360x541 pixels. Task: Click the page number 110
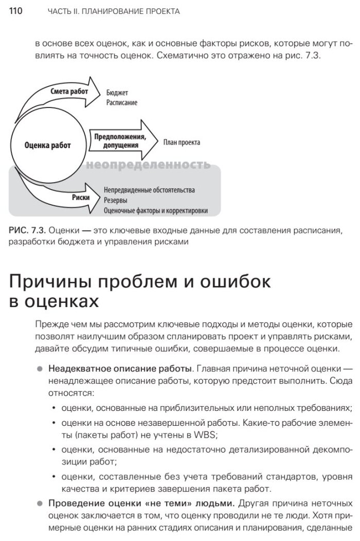(x=16, y=11)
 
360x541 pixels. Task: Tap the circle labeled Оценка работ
(x=47, y=146)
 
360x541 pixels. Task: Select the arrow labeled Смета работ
(x=70, y=91)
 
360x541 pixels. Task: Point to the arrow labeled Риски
(x=82, y=197)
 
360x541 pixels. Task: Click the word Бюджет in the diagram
(x=118, y=93)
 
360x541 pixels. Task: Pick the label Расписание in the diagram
(x=122, y=102)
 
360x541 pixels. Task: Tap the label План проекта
(x=182, y=142)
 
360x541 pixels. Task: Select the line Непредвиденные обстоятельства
(x=149, y=190)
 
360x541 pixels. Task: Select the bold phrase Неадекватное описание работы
(x=120, y=369)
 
